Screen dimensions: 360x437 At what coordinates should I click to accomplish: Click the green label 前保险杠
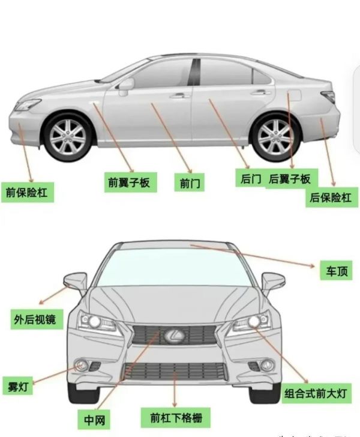(28, 192)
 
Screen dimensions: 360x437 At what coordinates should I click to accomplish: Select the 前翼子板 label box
(130, 182)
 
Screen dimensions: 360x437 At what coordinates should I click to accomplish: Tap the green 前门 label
(190, 182)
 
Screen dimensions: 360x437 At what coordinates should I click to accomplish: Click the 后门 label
(250, 178)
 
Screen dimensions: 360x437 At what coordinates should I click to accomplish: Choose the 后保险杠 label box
(332, 197)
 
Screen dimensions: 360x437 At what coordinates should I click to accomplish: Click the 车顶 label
(336, 270)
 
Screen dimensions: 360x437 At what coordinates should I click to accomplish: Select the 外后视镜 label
(37, 319)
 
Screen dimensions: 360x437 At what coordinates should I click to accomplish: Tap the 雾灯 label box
(18, 386)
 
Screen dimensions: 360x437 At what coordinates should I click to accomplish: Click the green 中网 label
(94, 420)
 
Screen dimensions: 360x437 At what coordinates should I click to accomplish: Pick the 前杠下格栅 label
(175, 418)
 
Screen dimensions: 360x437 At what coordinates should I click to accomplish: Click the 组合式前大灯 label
(316, 393)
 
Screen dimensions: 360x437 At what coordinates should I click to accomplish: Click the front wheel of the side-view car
(68, 137)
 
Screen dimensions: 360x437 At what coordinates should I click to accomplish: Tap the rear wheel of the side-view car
(275, 137)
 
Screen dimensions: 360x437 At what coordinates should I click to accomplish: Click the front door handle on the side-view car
(180, 96)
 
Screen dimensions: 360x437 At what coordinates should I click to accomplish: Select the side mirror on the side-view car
(126, 86)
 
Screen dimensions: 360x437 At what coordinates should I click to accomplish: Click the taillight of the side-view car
(329, 96)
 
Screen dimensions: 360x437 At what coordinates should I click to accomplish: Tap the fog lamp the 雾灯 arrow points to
(82, 365)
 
